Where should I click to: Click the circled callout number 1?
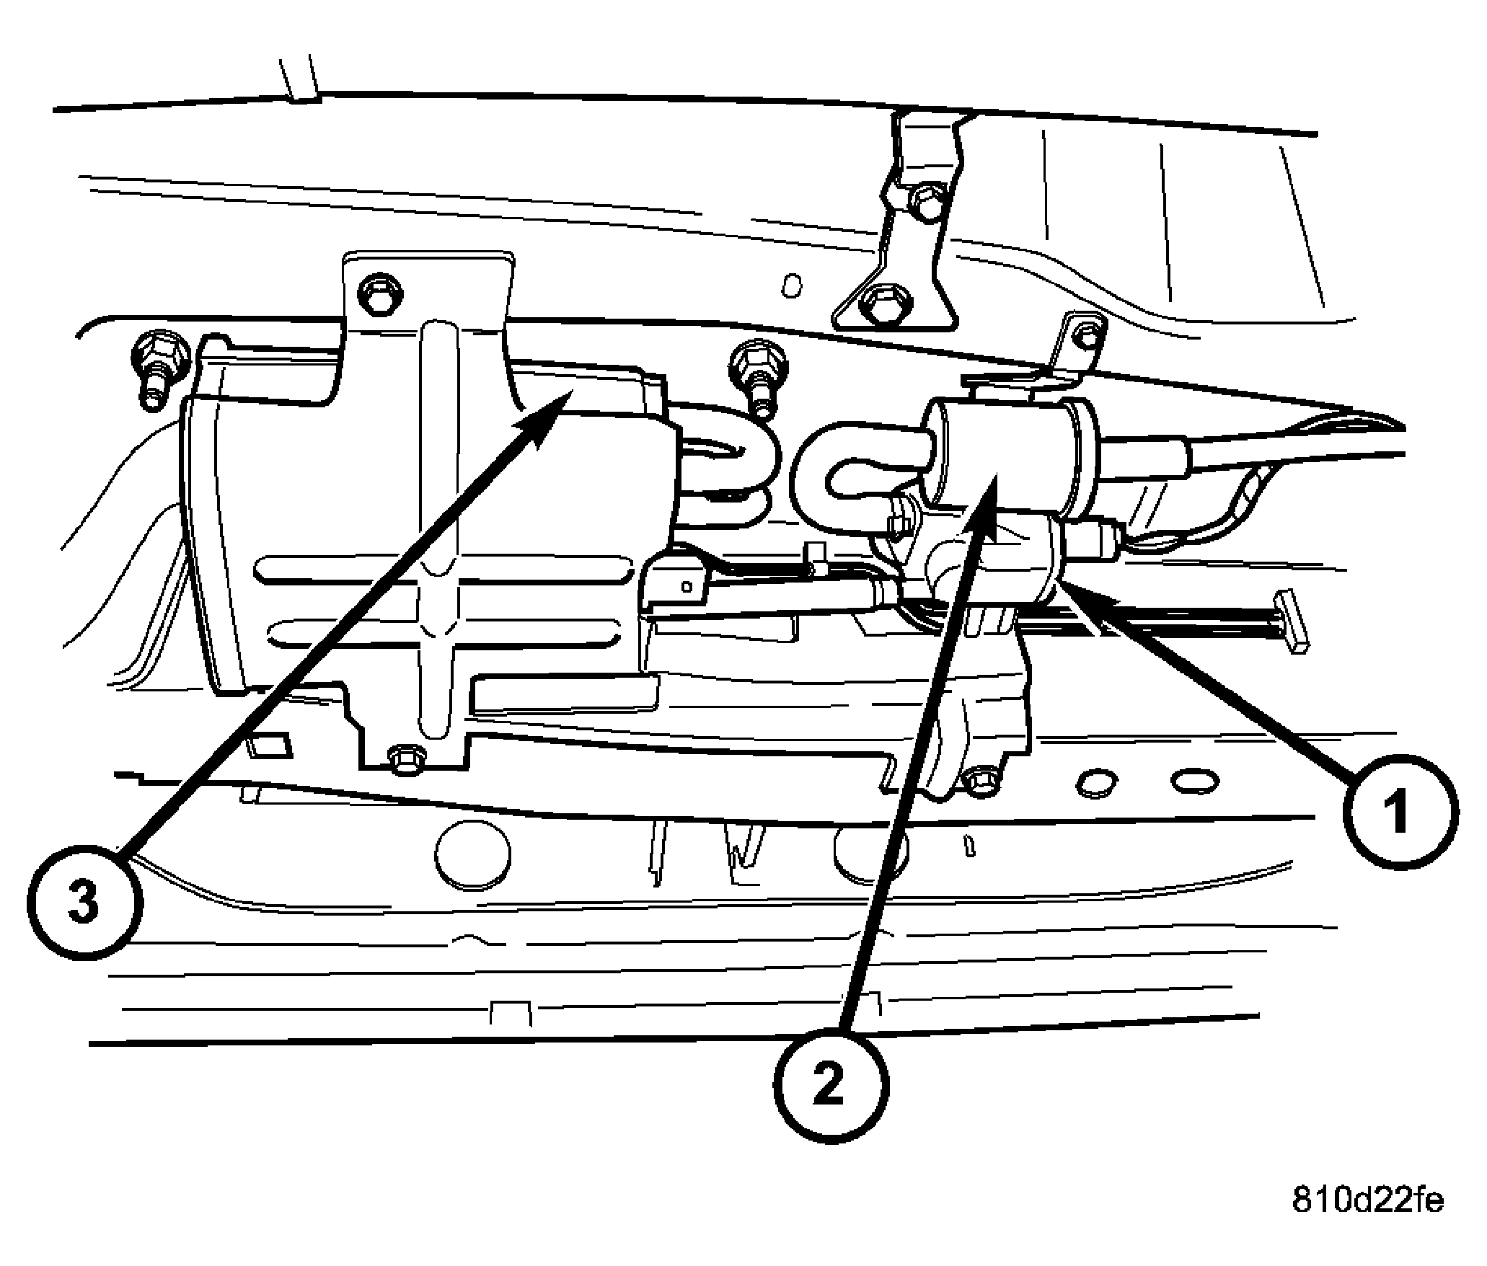1400,812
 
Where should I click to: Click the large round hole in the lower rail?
473,854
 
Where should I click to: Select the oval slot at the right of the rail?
1195,779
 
